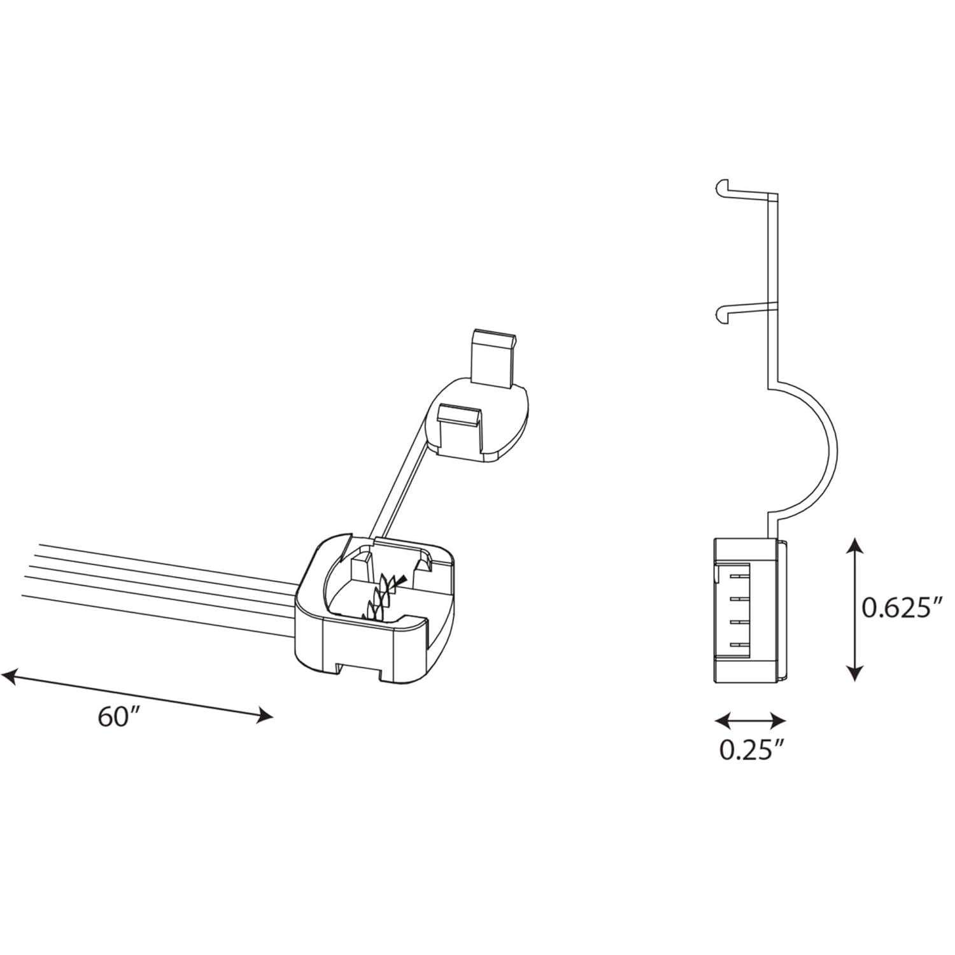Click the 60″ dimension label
point(119,718)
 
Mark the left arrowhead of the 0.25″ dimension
point(722,721)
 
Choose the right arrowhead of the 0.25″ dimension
point(778,721)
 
